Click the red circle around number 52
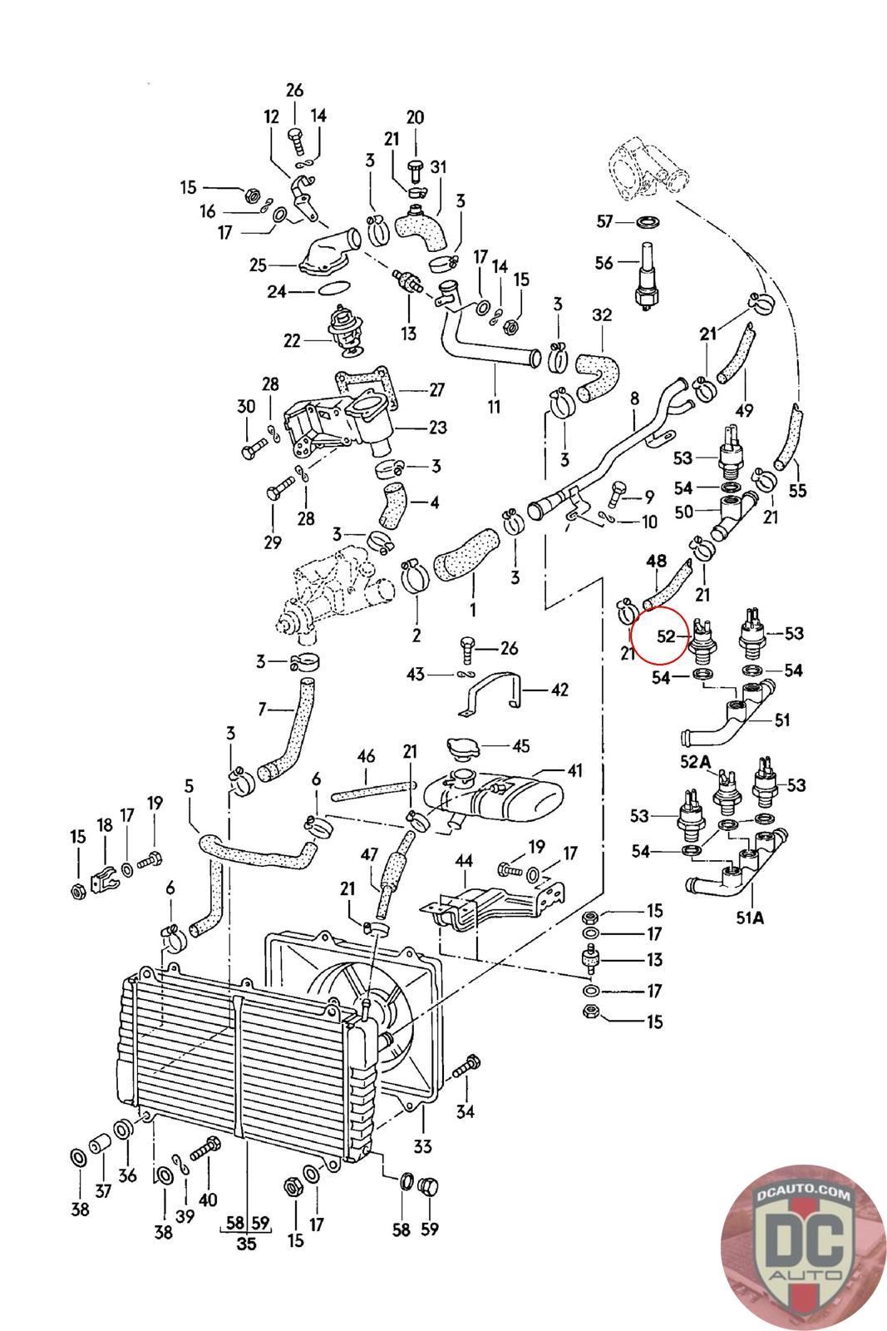point(659,636)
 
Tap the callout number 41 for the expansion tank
point(574,770)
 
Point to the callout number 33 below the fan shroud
point(422,1157)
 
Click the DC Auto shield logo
point(803,1245)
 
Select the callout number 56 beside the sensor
point(604,262)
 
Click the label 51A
point(750,918)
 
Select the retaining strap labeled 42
point(492,695)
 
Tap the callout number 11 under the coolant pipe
point(494,407)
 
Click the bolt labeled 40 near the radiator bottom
point(205,1148)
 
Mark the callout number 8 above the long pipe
point(634,398)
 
